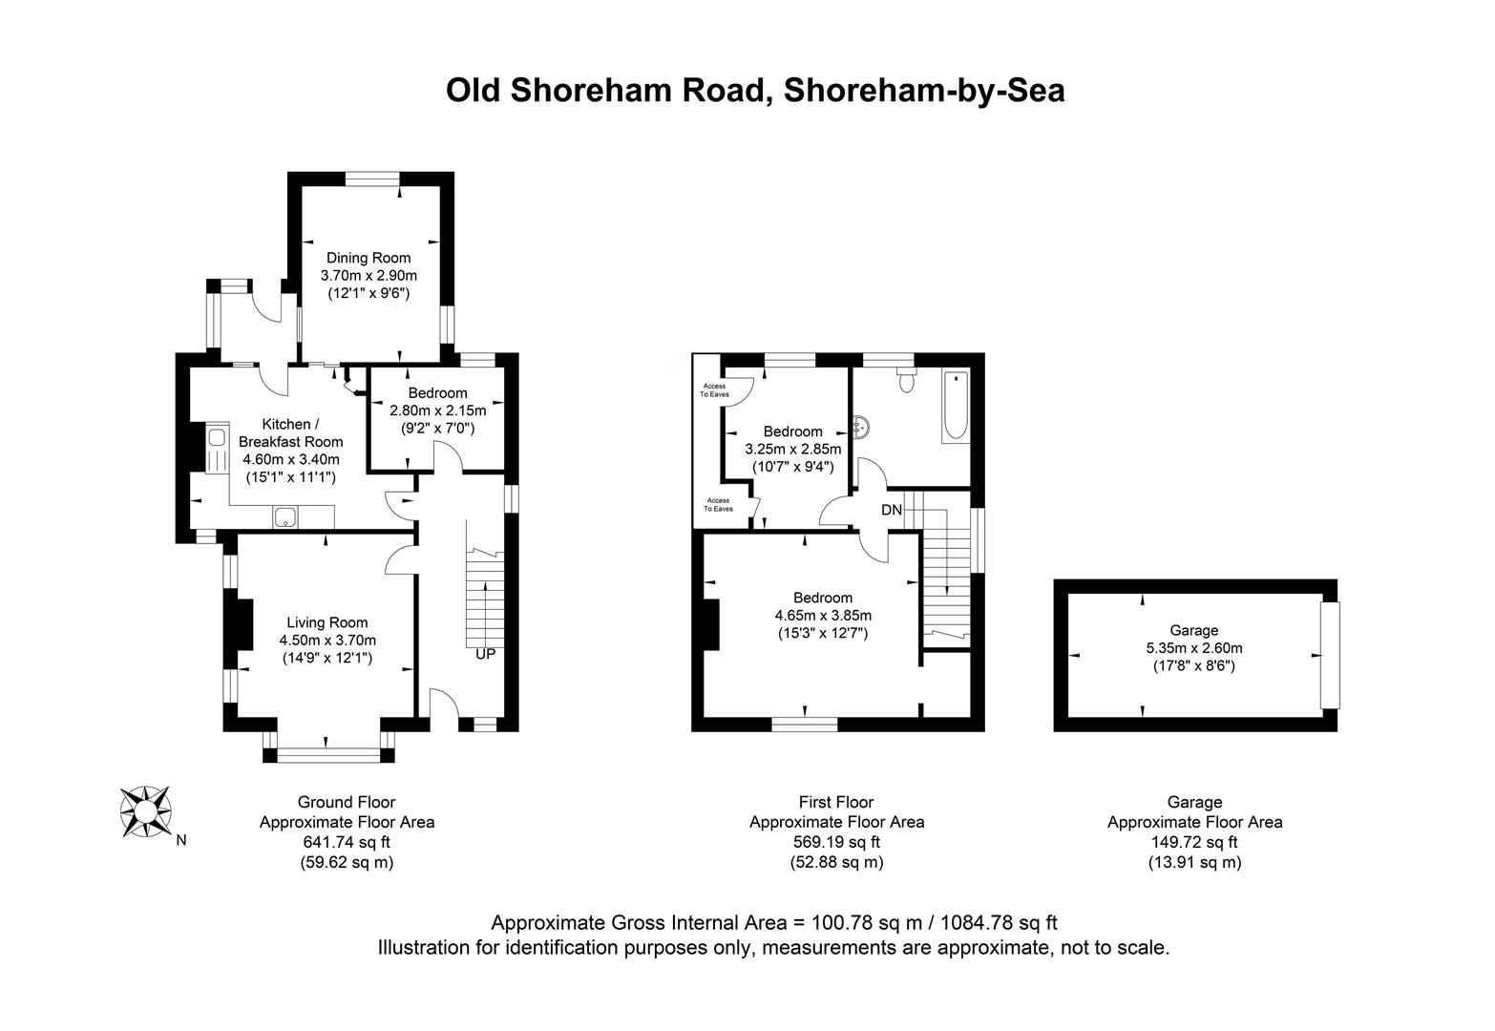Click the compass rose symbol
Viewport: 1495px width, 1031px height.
point(146,811)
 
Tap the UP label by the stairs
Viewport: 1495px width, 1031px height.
point(486,655)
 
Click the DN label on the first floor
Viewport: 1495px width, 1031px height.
point(891,511)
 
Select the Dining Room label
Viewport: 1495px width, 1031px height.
point(368,258)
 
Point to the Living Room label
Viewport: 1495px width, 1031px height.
point(327,622)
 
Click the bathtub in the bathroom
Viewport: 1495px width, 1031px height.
point(955,407)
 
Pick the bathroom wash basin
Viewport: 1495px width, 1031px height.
point(863,429)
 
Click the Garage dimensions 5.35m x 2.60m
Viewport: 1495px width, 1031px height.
point(1193,648)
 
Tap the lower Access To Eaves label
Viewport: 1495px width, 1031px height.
point(718,504)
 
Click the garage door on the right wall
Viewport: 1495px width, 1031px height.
point(1329,655)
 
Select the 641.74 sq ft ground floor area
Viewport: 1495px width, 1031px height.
point(347,842)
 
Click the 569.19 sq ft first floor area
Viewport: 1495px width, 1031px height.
point(836,842)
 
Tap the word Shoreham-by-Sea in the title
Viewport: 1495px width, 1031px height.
point(923,91)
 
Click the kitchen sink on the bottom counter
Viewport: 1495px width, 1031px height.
point(284,518)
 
